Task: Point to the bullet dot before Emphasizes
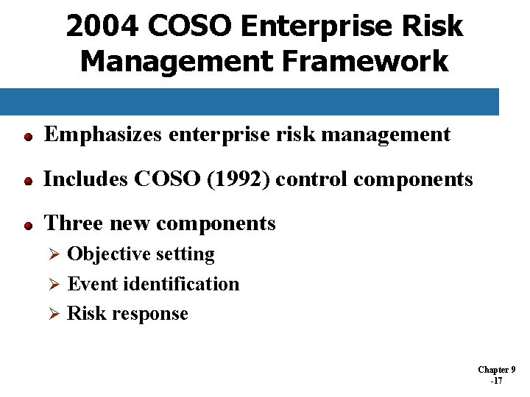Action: [26, 137]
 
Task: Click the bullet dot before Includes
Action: [26, 181]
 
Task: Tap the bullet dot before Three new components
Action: [26, 226]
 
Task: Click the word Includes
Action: [84, 179]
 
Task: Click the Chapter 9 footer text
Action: [497, 370]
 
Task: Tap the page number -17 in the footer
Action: [496, 381]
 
